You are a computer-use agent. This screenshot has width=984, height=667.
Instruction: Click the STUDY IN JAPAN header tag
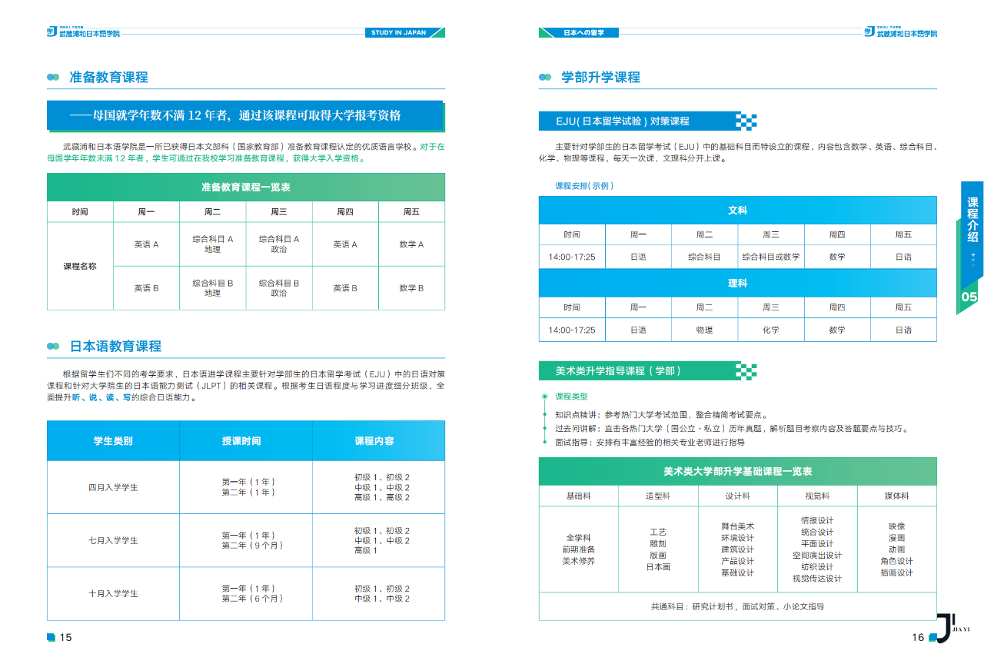point(398,32)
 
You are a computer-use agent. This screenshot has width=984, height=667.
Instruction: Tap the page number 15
point(65,637)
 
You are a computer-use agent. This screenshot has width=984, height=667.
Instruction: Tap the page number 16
point(918,637)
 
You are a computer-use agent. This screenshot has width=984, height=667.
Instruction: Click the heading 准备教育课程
point(108,78)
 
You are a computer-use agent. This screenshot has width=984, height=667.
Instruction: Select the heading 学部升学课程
point(600,78)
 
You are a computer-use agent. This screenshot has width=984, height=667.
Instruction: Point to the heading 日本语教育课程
point(115,347)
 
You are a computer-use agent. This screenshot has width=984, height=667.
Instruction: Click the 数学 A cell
point(411,244)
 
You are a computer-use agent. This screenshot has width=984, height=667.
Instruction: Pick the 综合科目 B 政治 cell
point(279,288)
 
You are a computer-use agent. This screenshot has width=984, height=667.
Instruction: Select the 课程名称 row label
point(80,266)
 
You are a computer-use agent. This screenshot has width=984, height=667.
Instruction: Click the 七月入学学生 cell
point(113,540)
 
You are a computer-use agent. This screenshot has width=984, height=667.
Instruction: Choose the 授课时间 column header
point(241,441)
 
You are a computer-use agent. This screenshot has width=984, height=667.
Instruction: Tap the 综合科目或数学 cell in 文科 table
point(770,257)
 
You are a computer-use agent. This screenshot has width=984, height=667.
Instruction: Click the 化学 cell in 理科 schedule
point(770,330)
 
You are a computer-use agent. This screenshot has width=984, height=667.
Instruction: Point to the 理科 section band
point(737,284)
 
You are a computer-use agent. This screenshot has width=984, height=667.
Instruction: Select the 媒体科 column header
point(896,496)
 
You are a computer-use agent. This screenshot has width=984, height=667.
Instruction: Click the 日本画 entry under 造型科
point(658,567)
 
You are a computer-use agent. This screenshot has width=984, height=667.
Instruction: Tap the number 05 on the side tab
point(969,297)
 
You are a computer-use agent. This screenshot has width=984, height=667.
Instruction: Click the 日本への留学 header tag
point(583,32)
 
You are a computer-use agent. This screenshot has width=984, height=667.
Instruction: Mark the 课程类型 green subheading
point(571,397)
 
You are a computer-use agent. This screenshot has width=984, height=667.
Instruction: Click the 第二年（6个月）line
point(252,599)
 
